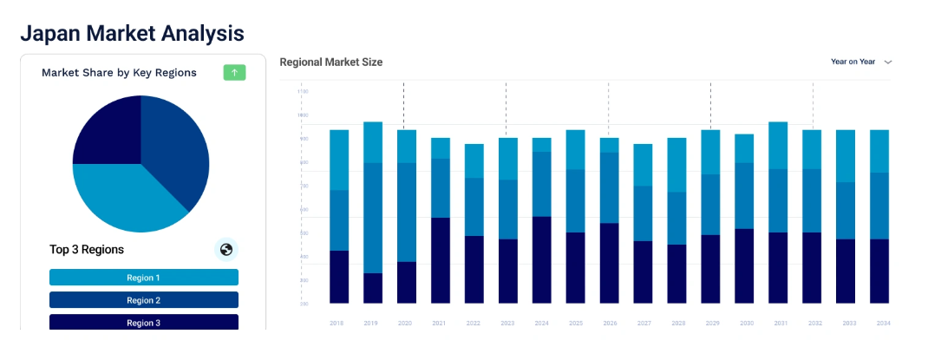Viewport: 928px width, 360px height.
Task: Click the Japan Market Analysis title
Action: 132,33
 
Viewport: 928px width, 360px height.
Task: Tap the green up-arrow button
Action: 234,73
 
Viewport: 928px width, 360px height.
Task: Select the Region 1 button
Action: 144,278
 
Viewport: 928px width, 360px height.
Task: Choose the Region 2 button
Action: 144,300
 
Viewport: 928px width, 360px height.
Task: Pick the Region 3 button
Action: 144,322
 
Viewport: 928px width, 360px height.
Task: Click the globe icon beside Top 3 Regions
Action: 226,250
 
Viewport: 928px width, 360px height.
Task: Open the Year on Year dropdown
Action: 861,62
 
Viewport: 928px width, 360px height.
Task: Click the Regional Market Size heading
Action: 330,62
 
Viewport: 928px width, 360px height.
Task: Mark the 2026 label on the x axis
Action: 610,323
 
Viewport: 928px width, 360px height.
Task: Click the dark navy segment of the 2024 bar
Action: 542,260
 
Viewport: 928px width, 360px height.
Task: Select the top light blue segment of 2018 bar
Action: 339,160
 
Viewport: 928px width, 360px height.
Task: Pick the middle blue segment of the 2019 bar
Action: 373,218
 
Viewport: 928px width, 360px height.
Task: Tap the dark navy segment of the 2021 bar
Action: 441,260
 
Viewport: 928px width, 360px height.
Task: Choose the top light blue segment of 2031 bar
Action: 778,145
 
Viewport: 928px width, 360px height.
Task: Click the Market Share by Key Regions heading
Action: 119,73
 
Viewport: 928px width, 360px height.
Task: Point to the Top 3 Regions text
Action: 87,250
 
